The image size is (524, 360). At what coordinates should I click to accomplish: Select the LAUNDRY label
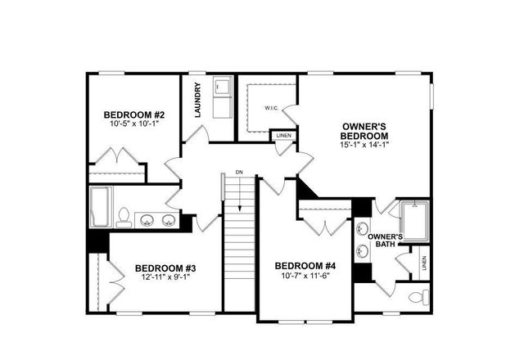coord(198,100)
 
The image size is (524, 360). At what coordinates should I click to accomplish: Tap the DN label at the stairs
coord(239,172)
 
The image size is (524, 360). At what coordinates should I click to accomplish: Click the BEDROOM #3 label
coord(165,268)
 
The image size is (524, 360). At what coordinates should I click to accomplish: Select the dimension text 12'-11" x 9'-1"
coord(165,278)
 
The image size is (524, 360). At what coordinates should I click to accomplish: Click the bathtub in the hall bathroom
coord(100,208)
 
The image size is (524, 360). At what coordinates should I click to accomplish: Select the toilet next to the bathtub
coord(124,217)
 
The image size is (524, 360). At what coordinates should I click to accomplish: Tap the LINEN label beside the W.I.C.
coord(283,135)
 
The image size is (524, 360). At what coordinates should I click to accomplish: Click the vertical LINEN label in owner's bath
coord(424,263)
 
